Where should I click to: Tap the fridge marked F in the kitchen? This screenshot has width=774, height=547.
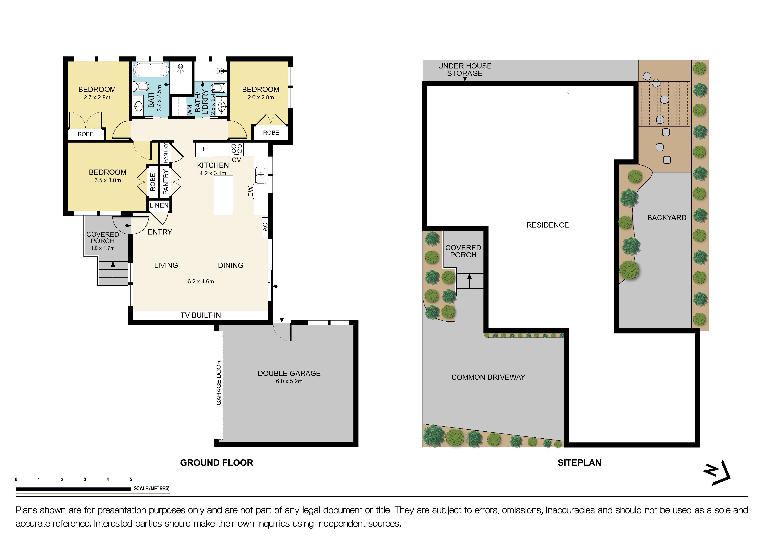pos(205,149)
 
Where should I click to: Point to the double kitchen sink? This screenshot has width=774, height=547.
pos(261,176)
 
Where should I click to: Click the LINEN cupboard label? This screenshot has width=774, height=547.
pos(159,205)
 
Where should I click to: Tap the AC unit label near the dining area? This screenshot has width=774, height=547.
pos(265,227)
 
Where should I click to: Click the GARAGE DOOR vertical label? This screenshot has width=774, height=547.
pos(219,383)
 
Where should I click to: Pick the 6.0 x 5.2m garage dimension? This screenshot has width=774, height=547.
pos(289,381)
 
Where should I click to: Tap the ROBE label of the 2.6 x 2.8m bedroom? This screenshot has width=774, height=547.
pos(271,133)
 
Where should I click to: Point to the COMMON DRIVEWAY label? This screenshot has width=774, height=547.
pos(488,377)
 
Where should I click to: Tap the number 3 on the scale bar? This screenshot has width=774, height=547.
pos(85,479)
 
